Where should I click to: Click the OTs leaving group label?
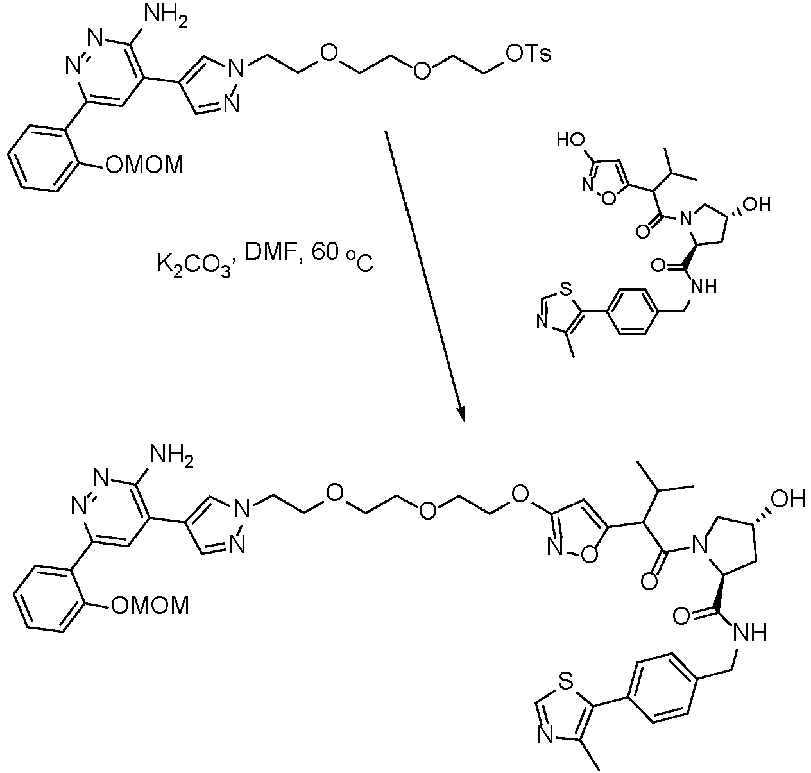pos(529,54)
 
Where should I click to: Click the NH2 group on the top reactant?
pos(166,17)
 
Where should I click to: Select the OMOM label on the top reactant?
pos(144,166)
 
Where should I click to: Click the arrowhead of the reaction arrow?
pos(461,413)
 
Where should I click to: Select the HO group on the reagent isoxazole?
pos(570,140)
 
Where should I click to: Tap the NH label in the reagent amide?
pos(704,286)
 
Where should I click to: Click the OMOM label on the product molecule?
pos(150,605)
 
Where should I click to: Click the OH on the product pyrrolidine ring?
pos(789,499)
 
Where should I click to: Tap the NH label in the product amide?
pos(750,632)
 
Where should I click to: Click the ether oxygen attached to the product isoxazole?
pos(520,494)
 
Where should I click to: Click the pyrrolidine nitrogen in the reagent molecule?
pos(685,219)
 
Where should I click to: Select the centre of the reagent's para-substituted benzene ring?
pos(631,311)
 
